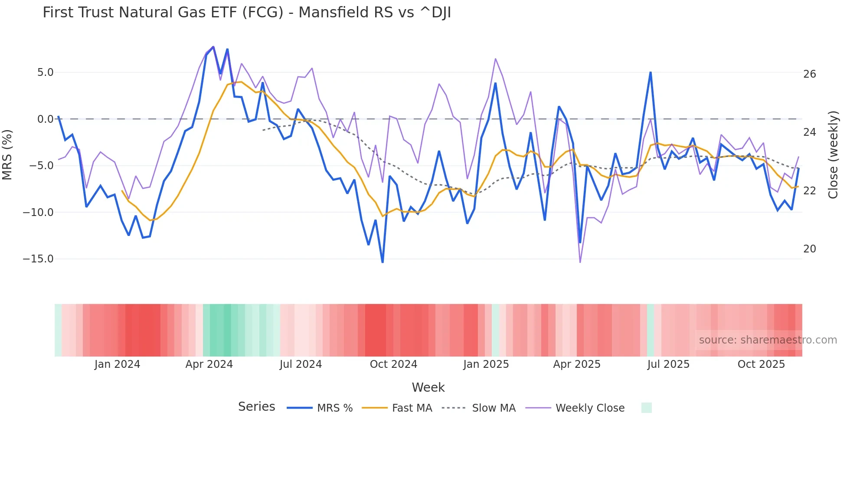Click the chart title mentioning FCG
[x=247, y=13]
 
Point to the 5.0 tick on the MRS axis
[x=45, y=72]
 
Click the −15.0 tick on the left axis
[x=38, y=259]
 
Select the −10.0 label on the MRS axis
[x=38, y=213]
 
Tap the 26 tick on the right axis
[x=809, y=74]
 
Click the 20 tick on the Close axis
[x=809, y=249]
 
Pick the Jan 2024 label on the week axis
[x=117, y=364]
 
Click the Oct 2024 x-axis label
[x=393, y=364]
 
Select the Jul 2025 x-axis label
[x=668, y=364]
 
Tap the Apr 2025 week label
[x=577, y=364]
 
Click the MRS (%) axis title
[x=7, y=155]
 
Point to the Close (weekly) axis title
[x=833, y=155]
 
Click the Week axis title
[x=428, y=387]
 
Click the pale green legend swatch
[x=646, y=408]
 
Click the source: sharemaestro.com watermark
[x=768, y=340]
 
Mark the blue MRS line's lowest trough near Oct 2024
[x=382, y=262]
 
